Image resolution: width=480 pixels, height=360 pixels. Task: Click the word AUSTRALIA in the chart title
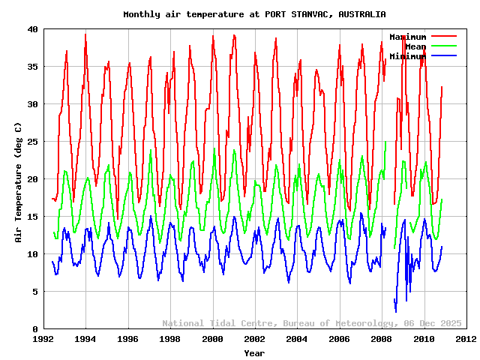361,14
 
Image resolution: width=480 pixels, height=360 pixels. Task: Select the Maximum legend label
407,37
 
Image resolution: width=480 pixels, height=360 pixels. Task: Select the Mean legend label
415,46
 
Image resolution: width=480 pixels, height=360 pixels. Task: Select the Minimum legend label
407,56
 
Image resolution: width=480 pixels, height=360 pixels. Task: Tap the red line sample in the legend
443,37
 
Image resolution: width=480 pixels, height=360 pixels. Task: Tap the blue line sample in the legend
443,56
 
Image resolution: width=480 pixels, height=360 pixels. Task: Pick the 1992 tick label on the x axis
43,339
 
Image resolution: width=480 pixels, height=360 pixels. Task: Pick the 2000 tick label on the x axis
212,339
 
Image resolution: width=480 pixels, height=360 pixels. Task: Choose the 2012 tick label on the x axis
466,339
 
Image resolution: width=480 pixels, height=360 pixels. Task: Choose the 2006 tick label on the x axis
339,339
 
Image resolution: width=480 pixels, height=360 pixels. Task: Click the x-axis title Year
254,352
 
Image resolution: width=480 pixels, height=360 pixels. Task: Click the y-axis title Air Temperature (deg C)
18,179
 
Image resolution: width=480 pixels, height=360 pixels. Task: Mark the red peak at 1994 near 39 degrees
85,34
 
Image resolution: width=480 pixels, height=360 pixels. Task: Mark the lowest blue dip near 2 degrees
396,310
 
